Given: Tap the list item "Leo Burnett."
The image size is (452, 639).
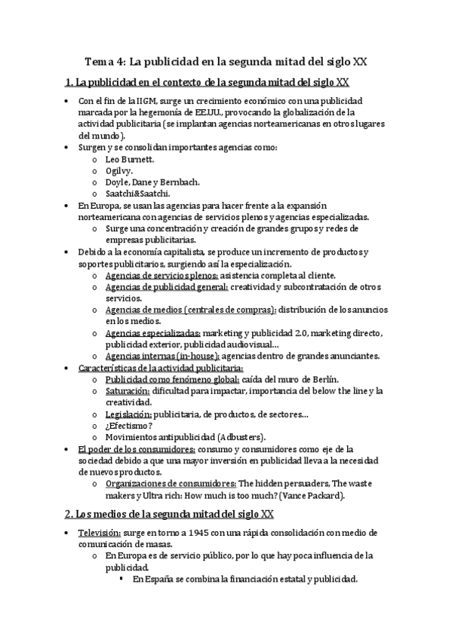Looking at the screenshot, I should point(131,160).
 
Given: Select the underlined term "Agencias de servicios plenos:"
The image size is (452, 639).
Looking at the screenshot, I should point(156,276).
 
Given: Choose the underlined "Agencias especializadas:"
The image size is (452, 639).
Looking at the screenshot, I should point(153,333).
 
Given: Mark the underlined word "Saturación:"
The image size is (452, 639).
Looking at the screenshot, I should point(128,390).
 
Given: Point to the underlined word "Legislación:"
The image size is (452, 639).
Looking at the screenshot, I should point(128,414).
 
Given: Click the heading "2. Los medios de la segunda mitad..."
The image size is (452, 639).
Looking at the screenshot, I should point(169,515).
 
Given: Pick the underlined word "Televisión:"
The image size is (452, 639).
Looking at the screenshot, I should point(99,533).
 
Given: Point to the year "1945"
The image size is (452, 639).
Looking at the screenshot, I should point(198,533).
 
